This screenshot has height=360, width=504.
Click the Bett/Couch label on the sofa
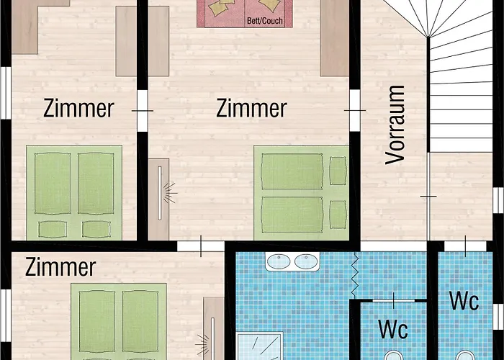tap(265, 21)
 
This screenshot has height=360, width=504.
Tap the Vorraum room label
tap(395, 125)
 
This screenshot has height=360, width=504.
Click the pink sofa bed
tap(245, 14)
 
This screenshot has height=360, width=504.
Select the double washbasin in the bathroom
tap(292, 261)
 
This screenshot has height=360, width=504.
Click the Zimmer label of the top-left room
tap(78, 108)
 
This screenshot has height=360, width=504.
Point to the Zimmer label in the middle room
tap(251, 108)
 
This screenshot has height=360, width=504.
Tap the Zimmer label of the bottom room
tap(60, 267)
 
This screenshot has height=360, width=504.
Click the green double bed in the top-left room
tap(74, 192)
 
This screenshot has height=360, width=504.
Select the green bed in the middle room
tap(301, 192)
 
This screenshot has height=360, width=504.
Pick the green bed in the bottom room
tap(119, 321)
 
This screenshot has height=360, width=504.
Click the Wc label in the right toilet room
tap(464, 301)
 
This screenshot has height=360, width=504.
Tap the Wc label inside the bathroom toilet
tap(393, 329)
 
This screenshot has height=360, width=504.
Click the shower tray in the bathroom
tap(260, 346)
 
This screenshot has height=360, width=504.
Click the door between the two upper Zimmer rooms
tap(143, 111)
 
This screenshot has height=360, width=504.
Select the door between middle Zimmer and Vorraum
tap(355, 110)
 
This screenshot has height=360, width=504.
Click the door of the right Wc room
tap(465, 246)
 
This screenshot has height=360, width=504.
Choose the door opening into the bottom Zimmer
tap(201, 246)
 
